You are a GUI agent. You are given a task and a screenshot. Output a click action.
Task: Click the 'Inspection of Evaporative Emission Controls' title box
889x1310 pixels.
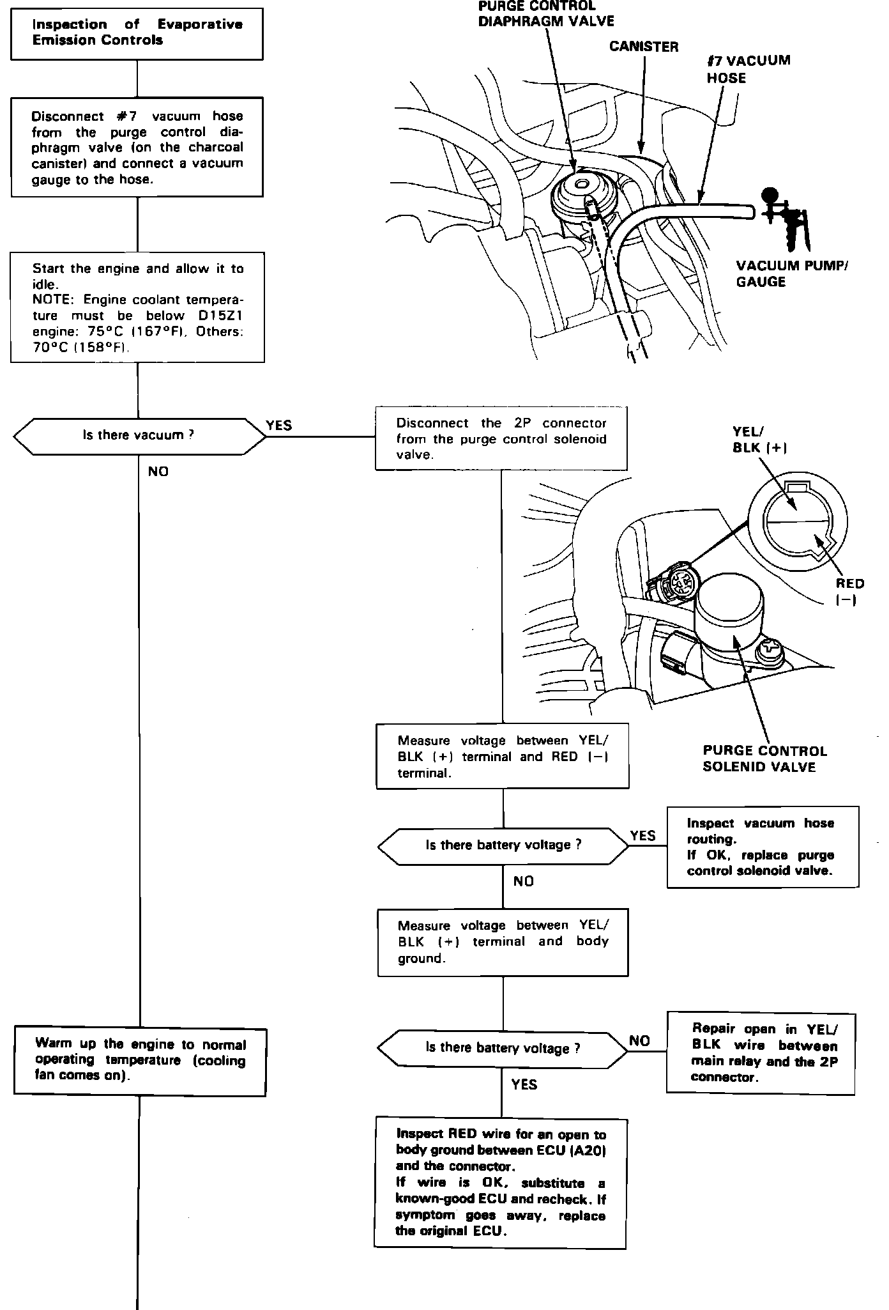pyautogui.click(x=137, y=34)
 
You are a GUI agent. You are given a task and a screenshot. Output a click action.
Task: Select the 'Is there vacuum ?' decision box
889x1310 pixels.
pyautogui.click(x=139, y=436)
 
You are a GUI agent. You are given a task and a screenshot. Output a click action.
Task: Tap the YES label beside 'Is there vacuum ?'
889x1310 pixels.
pyautogui.click(x=279, y=426)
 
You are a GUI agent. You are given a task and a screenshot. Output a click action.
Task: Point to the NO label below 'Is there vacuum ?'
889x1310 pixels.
pyautogui.click(x=158, y=472)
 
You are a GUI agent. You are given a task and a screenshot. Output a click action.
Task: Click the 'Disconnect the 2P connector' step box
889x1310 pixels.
pyautogui.click(x=501, y=438)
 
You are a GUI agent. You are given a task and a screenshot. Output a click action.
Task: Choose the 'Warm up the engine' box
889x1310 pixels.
pyautogui.click(x=140, y=1061)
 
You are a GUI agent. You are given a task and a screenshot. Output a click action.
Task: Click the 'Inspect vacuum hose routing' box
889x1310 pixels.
pyautogui.click(x=763, y=847)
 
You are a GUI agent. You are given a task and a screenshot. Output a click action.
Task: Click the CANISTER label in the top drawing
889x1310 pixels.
pyautogui.click(x=643, y=47)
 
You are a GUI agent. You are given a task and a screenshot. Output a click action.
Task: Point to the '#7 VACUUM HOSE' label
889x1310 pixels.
pyautogui.click(x=748, y=69)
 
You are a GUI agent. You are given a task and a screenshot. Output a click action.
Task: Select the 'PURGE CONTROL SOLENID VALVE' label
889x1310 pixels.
pyautogui.click(x=764, y=759)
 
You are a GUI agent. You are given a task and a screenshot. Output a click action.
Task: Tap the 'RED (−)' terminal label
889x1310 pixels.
pyautogui.click(x=849, y=591)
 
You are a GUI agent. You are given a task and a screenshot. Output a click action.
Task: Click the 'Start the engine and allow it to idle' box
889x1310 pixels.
pyautogui.click(x=137, y=308)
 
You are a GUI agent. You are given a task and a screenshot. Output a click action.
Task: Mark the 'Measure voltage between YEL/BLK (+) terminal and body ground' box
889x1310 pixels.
pyautogui.click(x=503, y=942)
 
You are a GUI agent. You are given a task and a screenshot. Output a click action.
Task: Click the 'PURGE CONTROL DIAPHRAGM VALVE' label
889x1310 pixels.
pyautogui.click(x=546, y=14)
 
